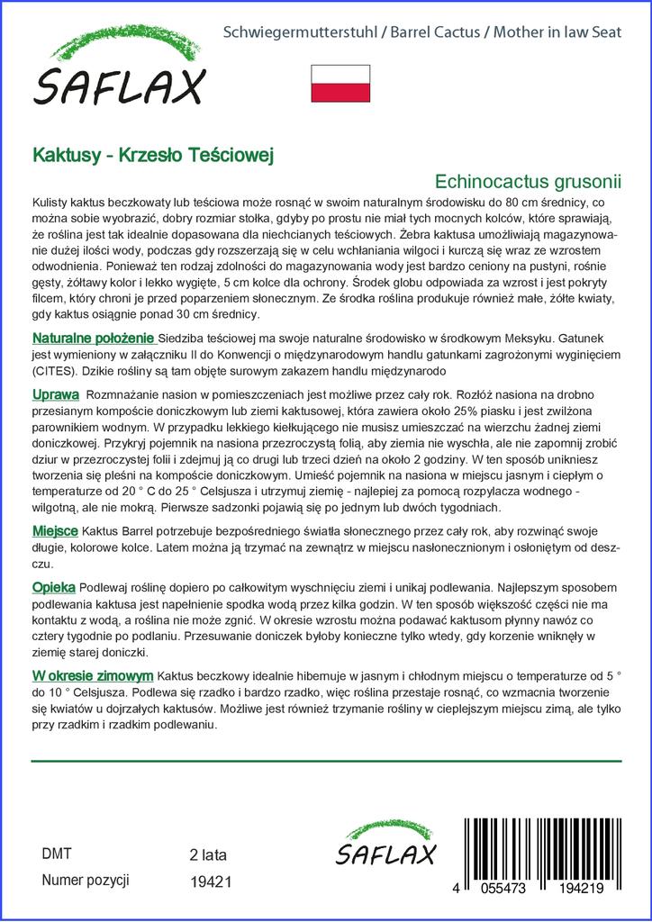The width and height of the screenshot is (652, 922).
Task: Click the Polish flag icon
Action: point(340,84)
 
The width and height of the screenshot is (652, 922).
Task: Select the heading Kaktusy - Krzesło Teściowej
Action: point(153,154)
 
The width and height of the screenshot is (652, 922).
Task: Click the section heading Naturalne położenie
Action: point(94,339)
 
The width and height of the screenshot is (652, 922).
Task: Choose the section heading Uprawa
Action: point(56,394)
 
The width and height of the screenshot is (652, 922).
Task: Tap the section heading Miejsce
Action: point(55,531)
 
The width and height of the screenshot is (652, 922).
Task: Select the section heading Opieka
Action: point(54,586)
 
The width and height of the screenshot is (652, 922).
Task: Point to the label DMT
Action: point(57,854)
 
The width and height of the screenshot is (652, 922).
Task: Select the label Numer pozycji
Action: point(86,880)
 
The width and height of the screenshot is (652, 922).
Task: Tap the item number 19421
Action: point(212,881)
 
